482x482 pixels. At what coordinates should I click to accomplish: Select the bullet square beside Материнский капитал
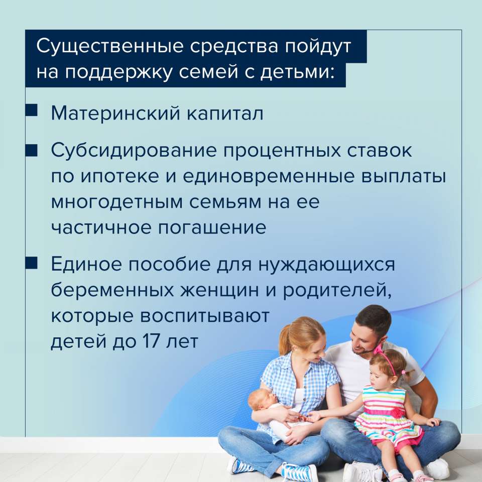coord(31,110)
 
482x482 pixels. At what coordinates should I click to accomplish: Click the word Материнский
coord(115,113)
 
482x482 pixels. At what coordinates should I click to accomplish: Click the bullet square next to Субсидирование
coord(31,151)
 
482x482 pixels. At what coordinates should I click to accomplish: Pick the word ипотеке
coord(120,176)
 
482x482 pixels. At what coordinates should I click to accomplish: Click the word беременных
coord(112,290)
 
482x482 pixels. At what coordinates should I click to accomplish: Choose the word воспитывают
coord(205,316)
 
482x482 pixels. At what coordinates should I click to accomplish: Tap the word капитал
coord(225,113)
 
